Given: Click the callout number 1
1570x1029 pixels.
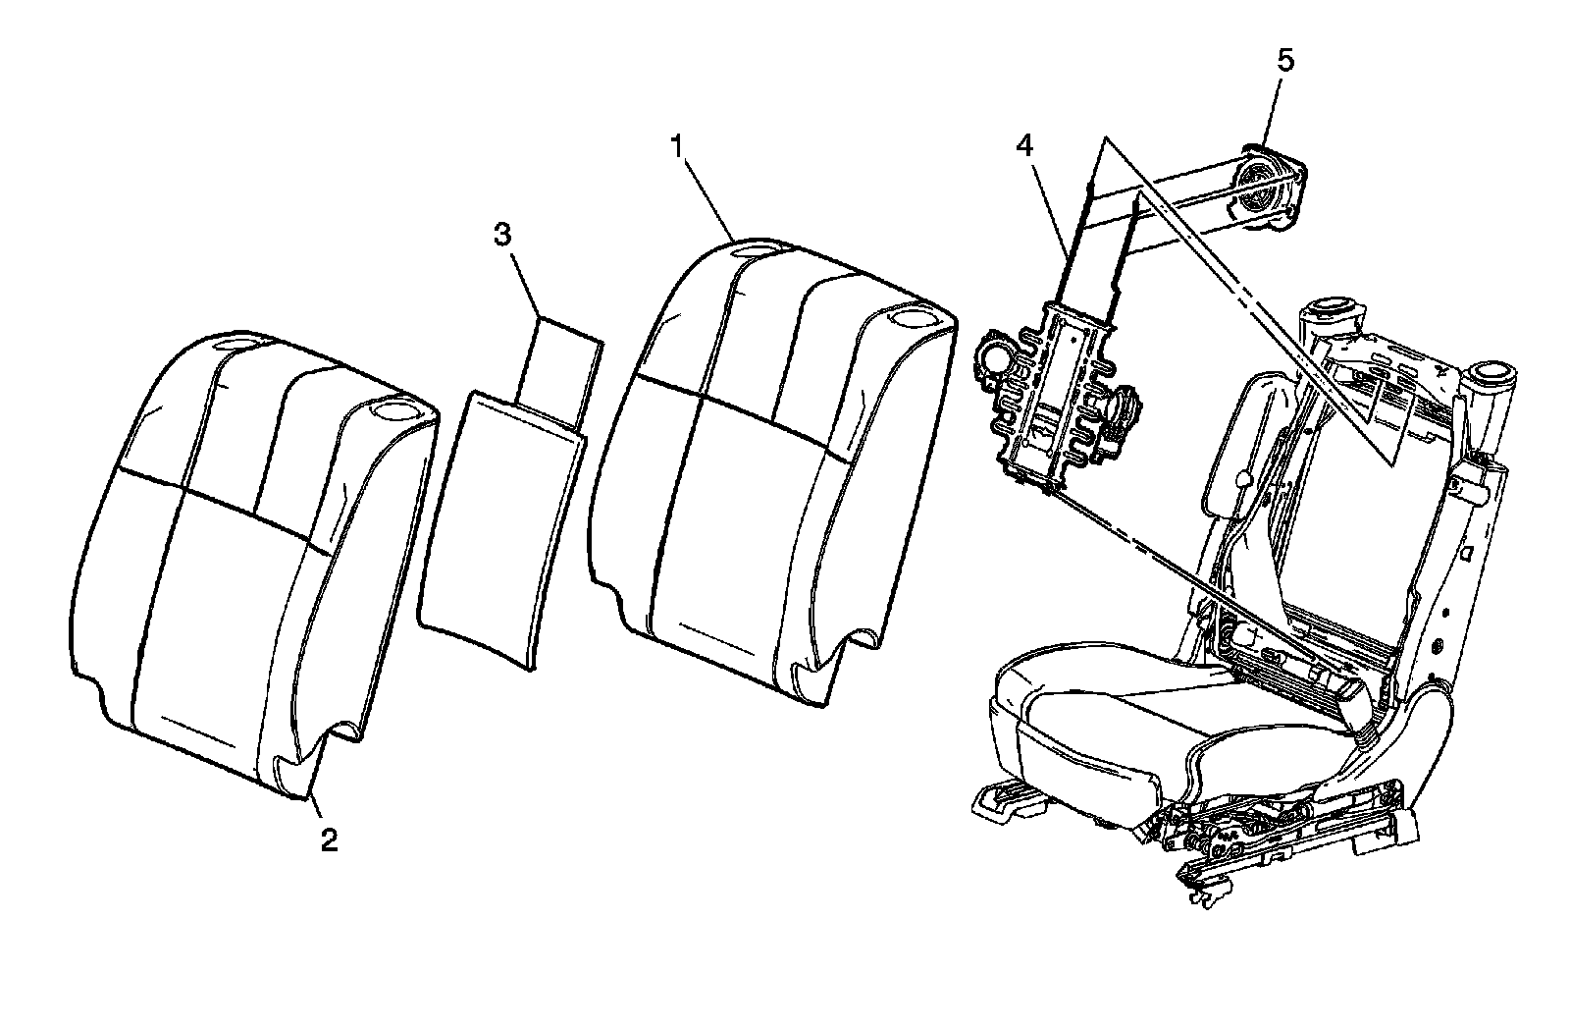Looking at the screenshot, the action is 675,145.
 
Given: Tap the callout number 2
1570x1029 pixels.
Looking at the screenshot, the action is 330,839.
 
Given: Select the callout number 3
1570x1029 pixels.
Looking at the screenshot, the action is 502,234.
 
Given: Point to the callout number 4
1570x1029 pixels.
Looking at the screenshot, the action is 1024,145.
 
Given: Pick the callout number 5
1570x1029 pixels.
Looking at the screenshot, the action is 1284,61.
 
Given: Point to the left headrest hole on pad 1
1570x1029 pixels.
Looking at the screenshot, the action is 759,249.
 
